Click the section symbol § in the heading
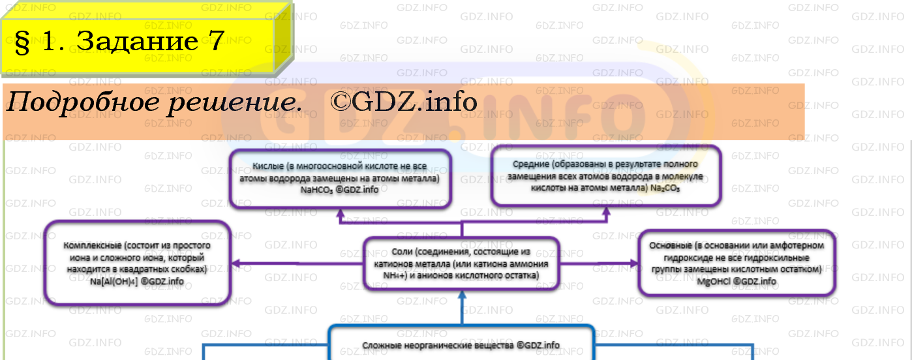(23, 43)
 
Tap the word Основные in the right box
(669, 245)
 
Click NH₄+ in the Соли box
(395, 276)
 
